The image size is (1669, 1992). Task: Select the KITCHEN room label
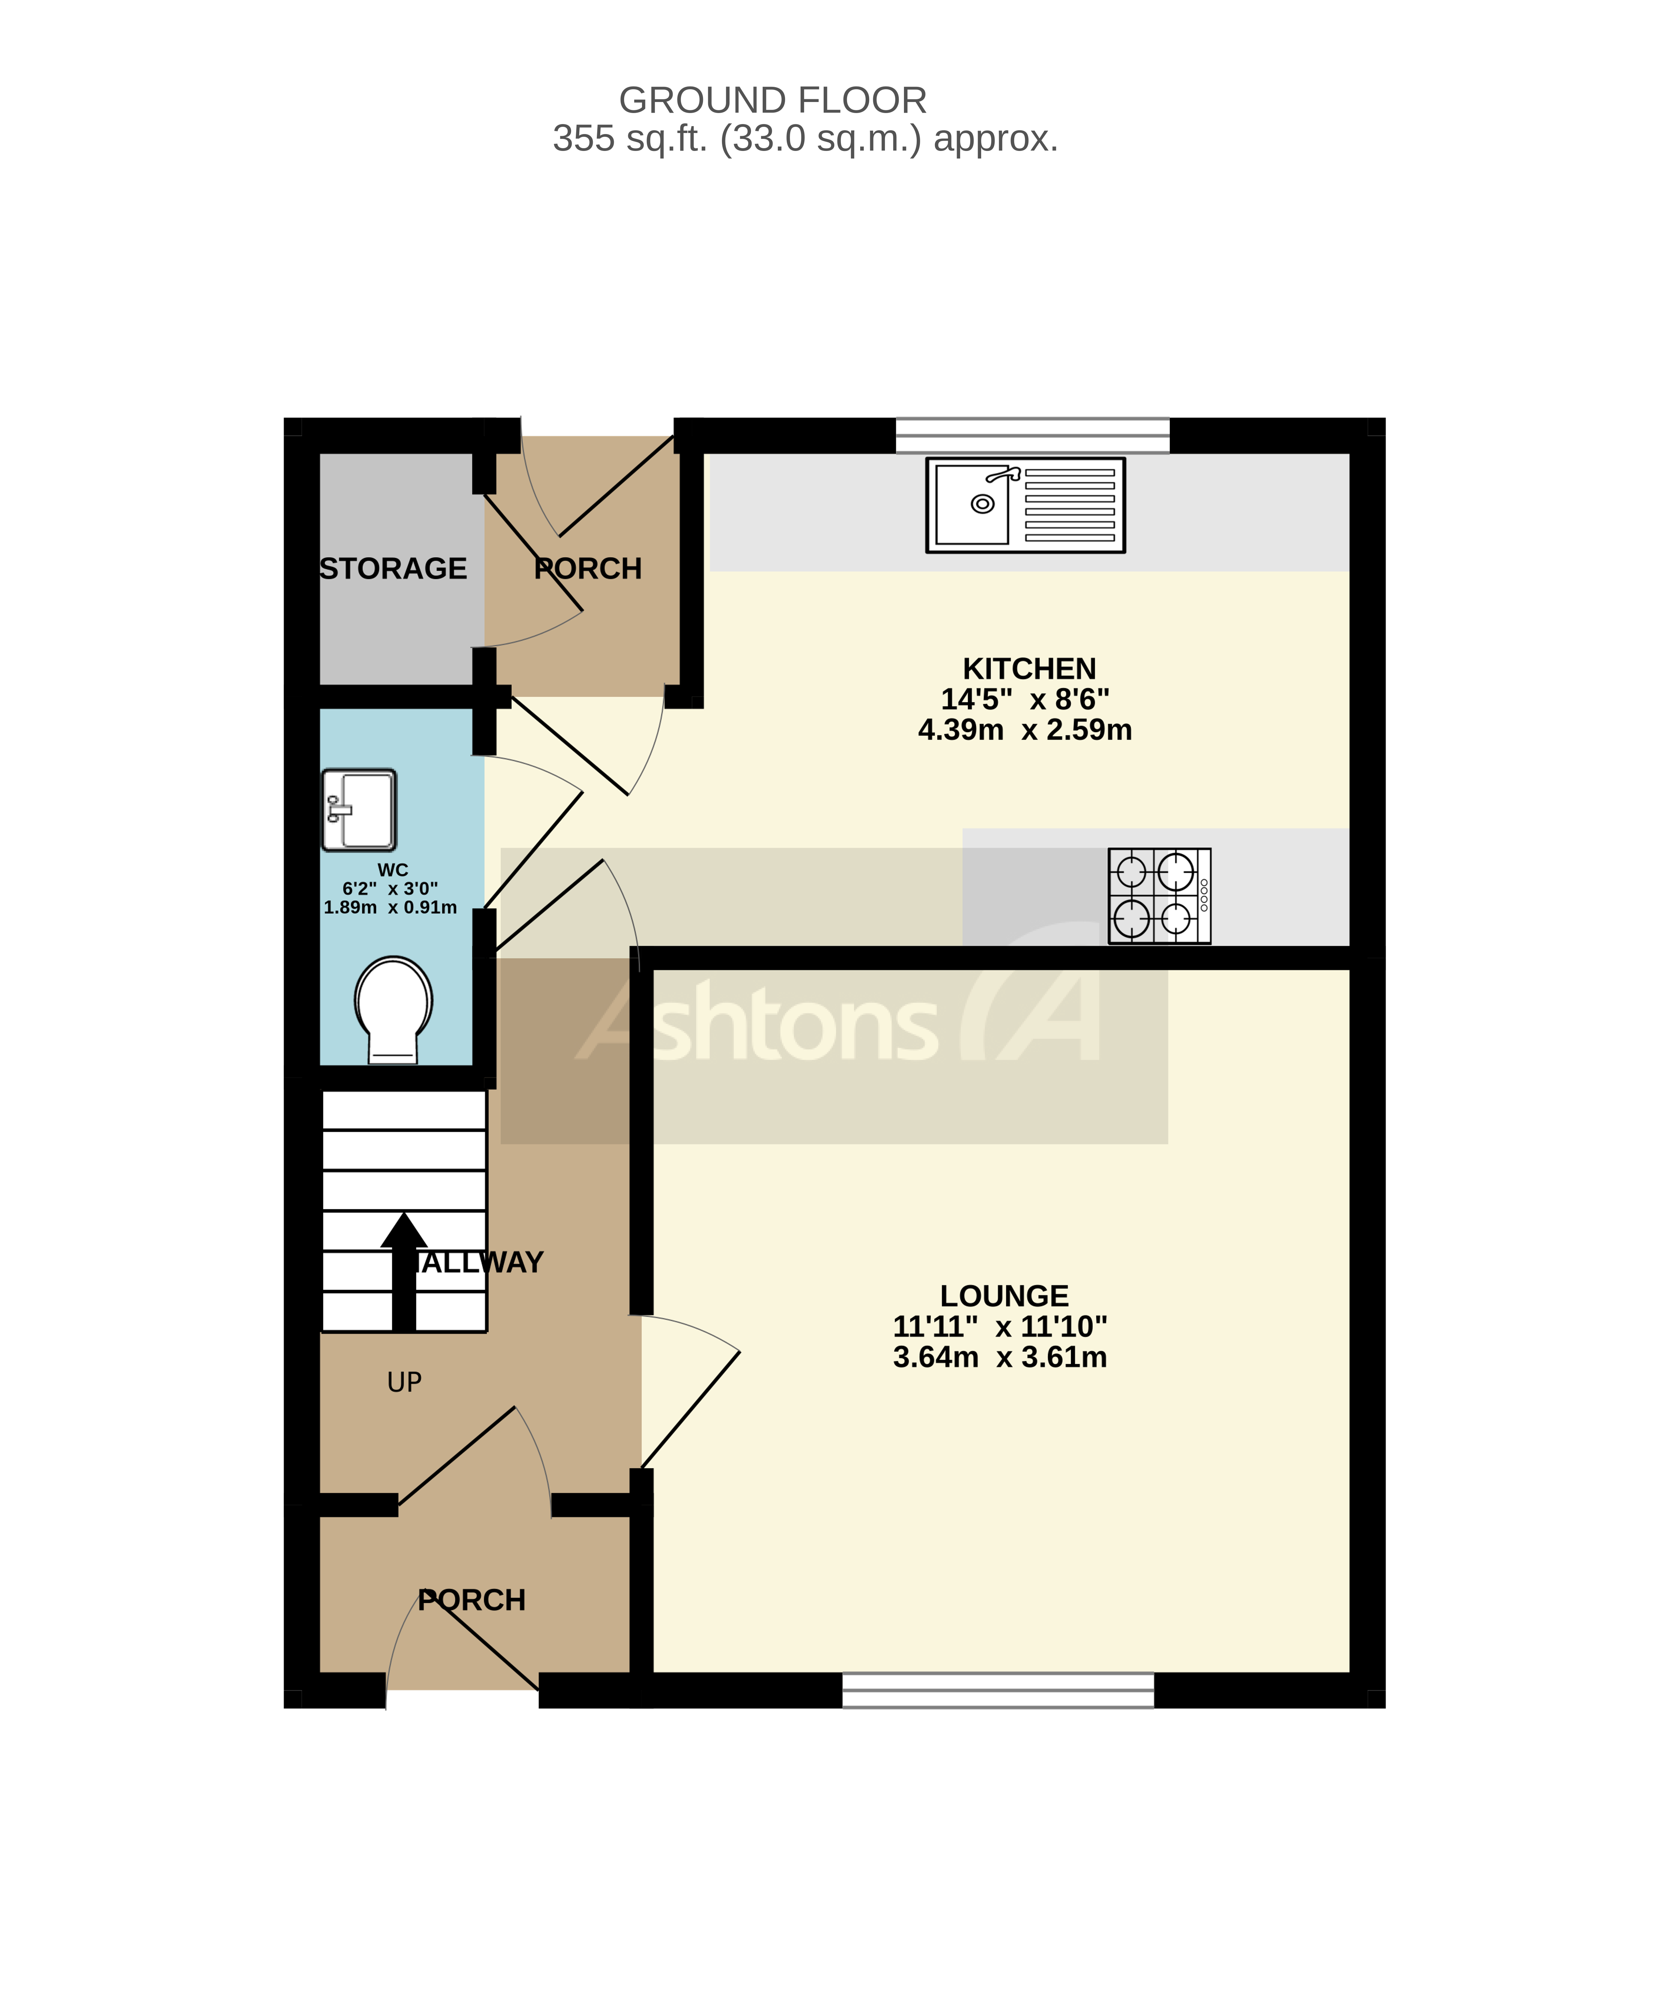pyautogui.click(x=1029, y=669)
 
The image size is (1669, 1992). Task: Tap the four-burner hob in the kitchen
pyautogui.click(x=1159, y=895)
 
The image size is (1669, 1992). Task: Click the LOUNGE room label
pyautogui.click(x=1004, y=1296)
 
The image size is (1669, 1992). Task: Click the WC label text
pyautogui.click(x=393, y=870)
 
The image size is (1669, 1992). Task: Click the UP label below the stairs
pyautogui.click(x=404, y=1382)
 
